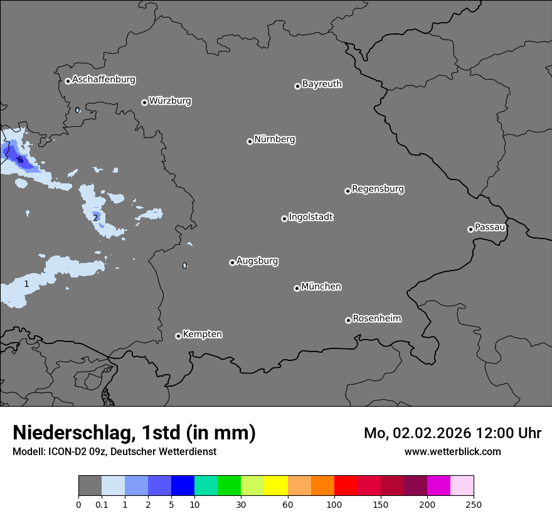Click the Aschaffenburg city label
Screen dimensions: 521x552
click(x=103, y=80)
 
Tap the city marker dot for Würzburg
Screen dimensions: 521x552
click(x=144, y=102)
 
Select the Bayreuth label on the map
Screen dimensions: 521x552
click(x=322, y=84)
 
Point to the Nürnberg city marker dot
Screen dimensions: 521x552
click(x=250, y=141)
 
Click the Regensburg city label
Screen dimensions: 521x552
click(x=378, y=189)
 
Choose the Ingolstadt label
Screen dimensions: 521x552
click(x=310, y=217)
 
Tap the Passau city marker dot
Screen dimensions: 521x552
click(x=470, y=229)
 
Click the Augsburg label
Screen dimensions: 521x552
click(x=257, y=261)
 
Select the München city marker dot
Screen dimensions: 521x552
click(x=297, y=289)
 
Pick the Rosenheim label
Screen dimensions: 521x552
click(x=376, y=319)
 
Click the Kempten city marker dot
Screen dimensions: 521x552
click(x=178, y=336)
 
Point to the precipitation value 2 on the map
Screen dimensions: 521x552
click(x=95, y=218)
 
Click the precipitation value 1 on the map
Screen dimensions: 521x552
click(x=26, y=284)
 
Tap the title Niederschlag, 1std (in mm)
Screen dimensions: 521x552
click(x=134, y=433)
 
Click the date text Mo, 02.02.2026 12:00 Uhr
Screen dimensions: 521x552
click(x=452, y=433)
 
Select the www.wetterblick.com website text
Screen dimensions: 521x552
click(x=452, y=451)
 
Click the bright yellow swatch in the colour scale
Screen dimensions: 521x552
click(x=276, y=486)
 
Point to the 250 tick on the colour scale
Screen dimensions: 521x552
click(x=474, y=505)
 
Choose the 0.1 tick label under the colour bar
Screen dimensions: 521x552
click(x=102, y=505)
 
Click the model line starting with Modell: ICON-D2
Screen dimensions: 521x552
click(x=114, y=451)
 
